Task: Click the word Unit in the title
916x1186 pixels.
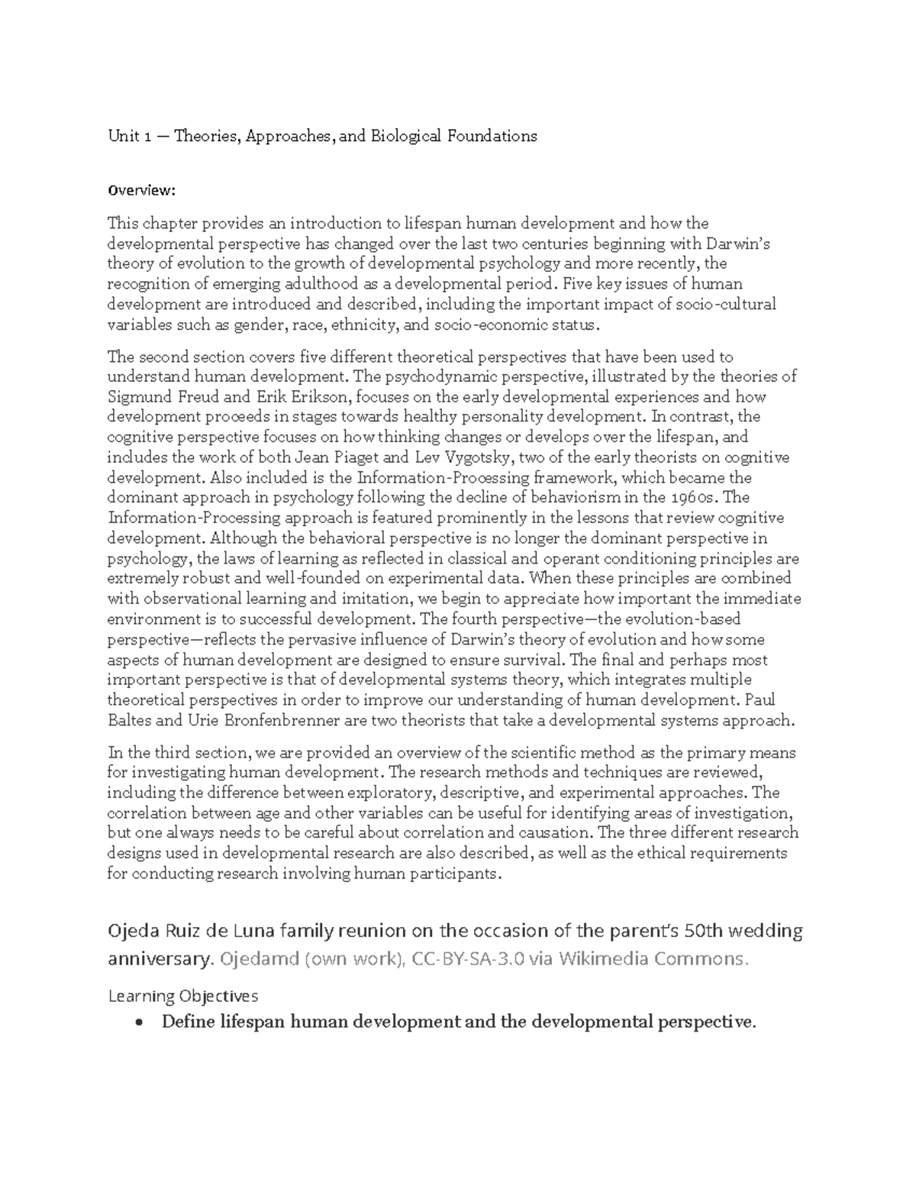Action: [122, 137]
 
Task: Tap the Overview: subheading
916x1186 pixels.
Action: [142, 189]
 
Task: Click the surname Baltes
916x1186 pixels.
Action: [130, 720]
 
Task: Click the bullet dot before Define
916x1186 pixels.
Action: [138, 1023]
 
